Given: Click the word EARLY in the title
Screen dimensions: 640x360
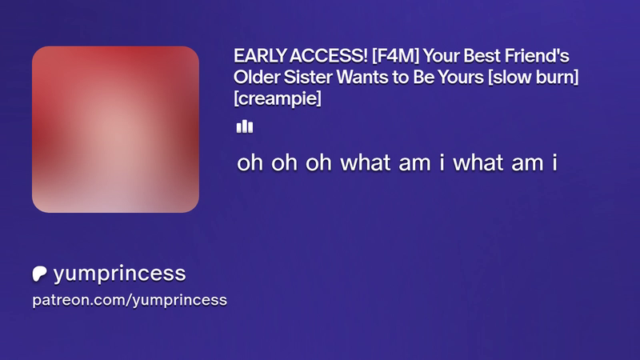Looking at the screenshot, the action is [x=259, y=56].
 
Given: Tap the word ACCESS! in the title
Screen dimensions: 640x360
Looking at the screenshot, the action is [x=329, y=56].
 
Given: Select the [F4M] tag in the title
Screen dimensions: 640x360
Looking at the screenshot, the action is [x=395, y=56].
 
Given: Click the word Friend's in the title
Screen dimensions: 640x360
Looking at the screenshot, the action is [x=537, y=56].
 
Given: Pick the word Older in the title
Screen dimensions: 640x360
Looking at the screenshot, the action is [x=256, y=77].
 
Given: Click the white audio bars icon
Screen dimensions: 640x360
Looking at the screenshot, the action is [x=245, y=126].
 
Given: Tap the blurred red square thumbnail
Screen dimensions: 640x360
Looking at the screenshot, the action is [x=115, y=130].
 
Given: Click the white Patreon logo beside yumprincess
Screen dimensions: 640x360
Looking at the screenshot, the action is [x=39, y=274].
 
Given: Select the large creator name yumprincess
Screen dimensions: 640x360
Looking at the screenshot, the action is [x=119, y=274].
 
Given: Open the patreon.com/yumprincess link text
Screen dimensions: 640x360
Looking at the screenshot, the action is [x=130, y=300].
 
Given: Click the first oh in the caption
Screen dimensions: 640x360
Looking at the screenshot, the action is [x=250, y=162].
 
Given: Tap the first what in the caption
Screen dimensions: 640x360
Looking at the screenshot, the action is [x=366, y=162].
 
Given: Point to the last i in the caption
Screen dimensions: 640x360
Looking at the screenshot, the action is [x=554, y=162].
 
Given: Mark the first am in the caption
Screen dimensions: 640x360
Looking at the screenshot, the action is [x=414, y=163].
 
